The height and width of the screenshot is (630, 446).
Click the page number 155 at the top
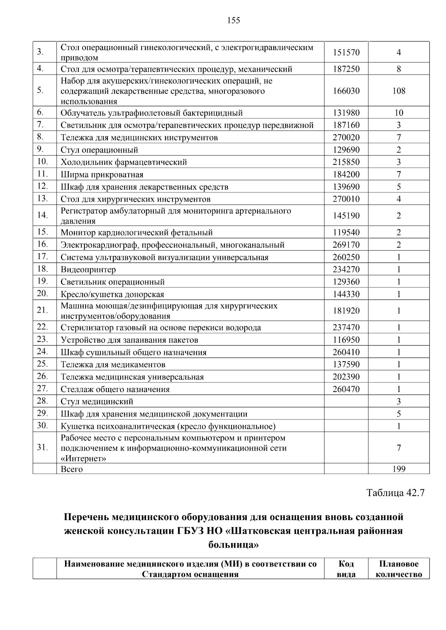(x=233, y=20)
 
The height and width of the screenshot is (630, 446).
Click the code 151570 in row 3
(x=346, y=52)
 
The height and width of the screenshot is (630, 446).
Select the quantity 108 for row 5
(x=398, y=91)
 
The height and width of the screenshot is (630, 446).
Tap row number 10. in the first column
(x=43, y=161)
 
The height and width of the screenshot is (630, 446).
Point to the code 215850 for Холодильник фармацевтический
(x=346, y=162)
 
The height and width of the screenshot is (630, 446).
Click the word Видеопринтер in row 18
(x=88, y=270)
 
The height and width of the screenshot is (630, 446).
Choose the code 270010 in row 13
(x=346, y=199)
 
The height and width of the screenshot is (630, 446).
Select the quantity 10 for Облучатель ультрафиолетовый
(x=398, y=113)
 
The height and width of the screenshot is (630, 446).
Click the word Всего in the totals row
(x=72, y=469)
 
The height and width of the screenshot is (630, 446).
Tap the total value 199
(x=398, y=469)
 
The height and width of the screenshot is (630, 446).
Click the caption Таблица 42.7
(x=395, y=493)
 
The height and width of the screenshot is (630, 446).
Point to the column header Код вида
(x=346, y=569)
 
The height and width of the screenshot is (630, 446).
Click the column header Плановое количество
(x=398, y=569)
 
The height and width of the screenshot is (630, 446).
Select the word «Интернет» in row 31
(x=83, y=458)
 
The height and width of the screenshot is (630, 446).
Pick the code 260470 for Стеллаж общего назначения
(x=346, y=389)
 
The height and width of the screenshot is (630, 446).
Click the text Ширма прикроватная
(x=102, y=174)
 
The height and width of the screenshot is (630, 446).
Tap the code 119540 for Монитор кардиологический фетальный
(x=346, y=233)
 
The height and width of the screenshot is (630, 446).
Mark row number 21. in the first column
(x=43, y=310)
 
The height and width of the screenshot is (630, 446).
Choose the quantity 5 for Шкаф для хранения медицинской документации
(x=398, y=414)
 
